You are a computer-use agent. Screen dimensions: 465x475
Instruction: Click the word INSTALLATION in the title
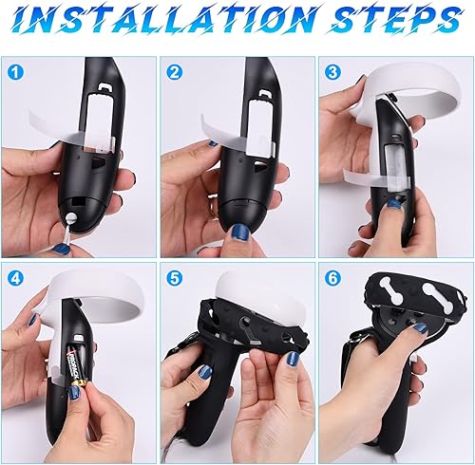tap(180, 21)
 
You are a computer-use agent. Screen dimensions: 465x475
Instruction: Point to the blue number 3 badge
tap(333, 70)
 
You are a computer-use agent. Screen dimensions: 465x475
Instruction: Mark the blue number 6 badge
tap(333, 277)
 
